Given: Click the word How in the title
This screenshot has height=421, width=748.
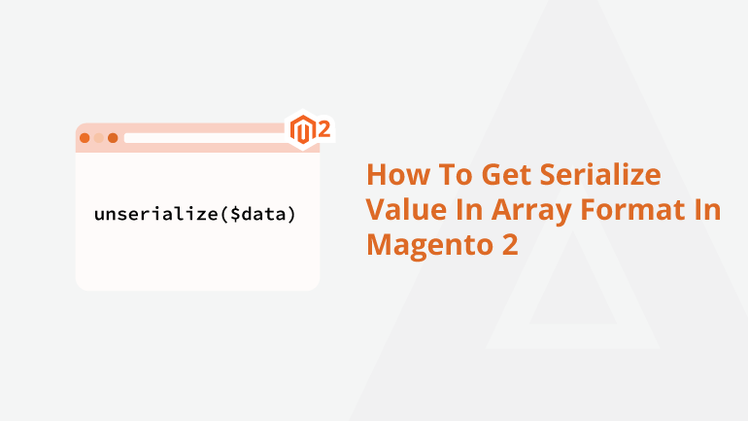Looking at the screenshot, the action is point(398,175).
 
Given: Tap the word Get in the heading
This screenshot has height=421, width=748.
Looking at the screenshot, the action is point(507,175).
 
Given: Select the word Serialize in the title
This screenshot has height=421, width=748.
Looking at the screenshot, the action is point(600,174).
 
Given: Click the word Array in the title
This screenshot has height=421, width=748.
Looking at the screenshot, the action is point(531,210).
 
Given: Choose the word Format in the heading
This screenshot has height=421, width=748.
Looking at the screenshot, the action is point(632,210).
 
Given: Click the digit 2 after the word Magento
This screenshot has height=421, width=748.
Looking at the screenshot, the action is point(509,244).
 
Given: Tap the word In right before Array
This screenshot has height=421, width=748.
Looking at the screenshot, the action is point(469,210).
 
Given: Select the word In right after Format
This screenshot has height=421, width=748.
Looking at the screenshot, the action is point(707,210).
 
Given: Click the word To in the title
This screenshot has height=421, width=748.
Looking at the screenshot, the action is point(456,175).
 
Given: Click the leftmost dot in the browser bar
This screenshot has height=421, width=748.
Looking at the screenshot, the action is point(85,138).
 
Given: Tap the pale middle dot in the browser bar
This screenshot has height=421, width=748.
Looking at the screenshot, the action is point(99,138).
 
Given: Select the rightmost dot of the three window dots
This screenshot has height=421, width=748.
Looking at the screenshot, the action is point(113,138).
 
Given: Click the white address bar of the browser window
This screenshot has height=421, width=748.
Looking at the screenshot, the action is point(205,138).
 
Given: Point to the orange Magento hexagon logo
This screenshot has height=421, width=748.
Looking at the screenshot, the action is point(303,130).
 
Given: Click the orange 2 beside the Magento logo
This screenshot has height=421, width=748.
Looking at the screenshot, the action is point(323,129).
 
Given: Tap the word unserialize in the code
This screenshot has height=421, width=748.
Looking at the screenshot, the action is point(156,213).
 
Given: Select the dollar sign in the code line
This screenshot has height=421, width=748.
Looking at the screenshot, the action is point(236,214).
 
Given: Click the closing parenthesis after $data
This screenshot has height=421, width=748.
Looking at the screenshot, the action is point(291,214).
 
